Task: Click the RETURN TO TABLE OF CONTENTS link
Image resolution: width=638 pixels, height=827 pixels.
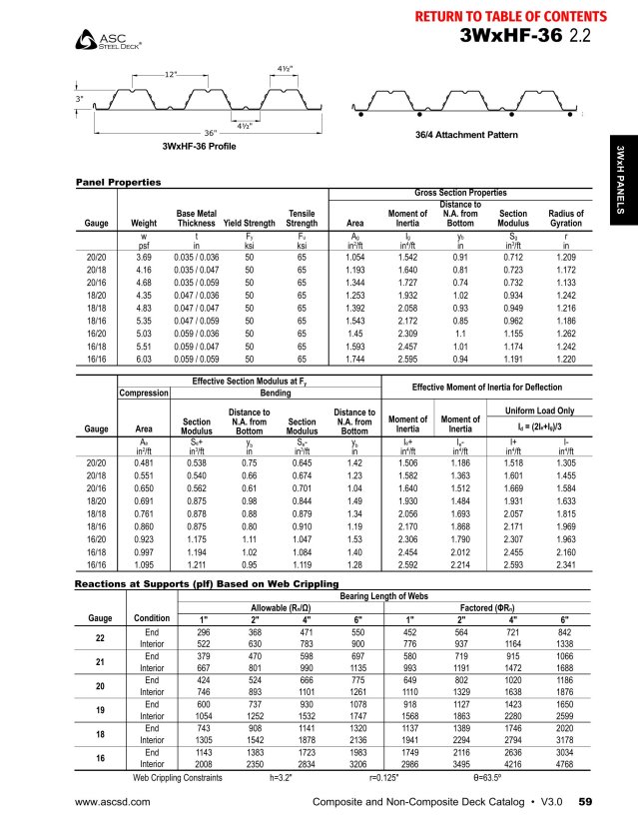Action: [x=509, y=17]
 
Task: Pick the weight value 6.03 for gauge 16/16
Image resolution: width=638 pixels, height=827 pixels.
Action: [x=144, y=358]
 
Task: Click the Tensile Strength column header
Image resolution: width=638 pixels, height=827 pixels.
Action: [x=302, y=219]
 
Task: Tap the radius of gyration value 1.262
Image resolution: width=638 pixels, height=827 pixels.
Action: [x=566, y=333]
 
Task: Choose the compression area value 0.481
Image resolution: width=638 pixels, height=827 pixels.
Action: [x=144, y=463]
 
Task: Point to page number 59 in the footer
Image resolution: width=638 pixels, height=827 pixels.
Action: [x=586, y=802]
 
